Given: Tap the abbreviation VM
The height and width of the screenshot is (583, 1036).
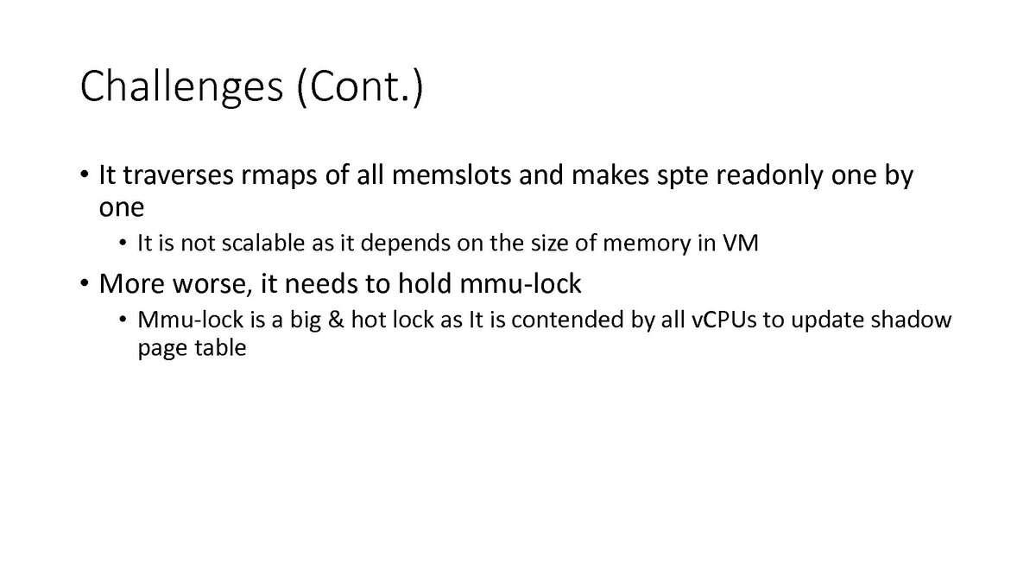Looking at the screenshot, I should (x=741, y=244).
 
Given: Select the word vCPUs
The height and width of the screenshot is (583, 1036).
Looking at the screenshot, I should (x=732, y=320).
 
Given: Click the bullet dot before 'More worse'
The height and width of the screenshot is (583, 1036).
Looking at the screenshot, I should (x=85, y=283).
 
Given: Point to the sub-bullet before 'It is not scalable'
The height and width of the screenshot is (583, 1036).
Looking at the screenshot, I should (x=124, y=244).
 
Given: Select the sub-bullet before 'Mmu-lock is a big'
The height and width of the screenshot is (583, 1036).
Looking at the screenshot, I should (x=124, y=321).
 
